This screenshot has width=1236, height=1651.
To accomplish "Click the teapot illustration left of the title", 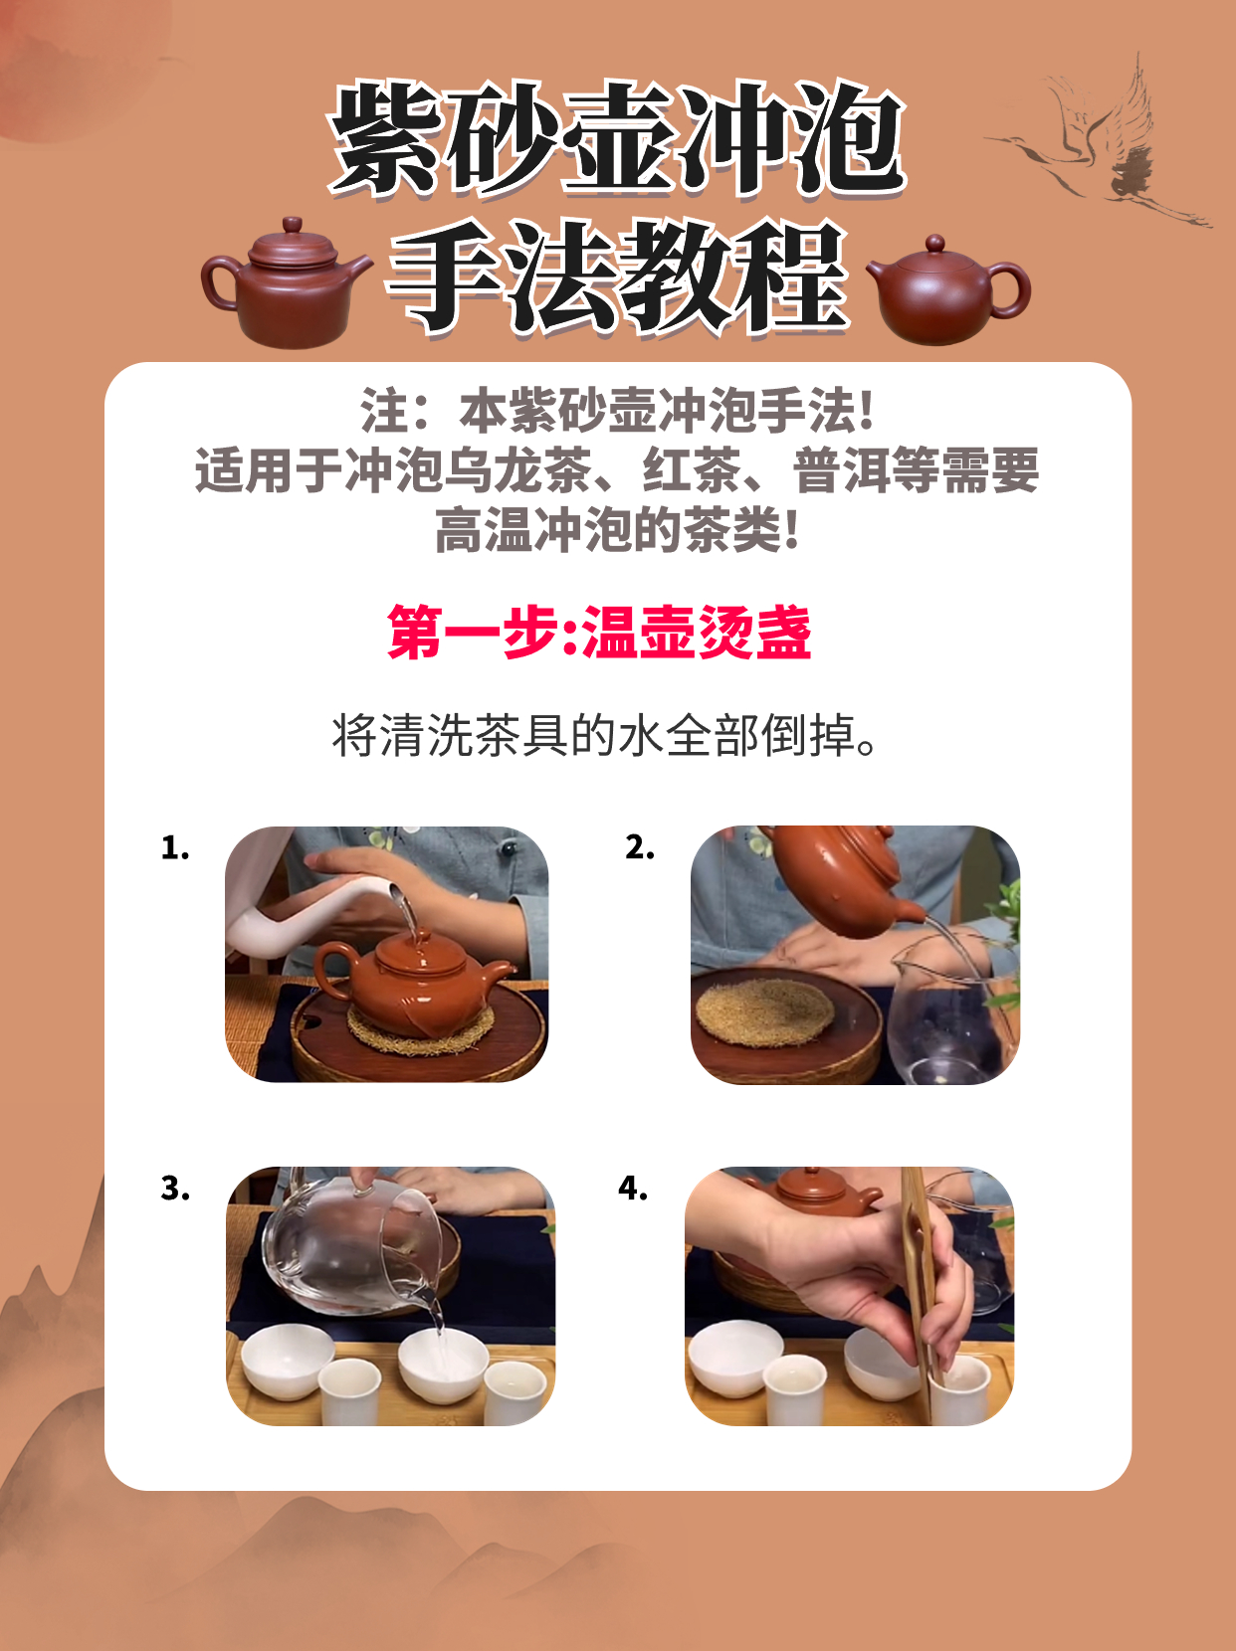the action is coord(286,284).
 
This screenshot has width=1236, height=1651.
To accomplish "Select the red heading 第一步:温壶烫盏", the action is coord(599,633).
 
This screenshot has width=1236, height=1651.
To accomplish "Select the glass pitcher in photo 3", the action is coord(354,1242).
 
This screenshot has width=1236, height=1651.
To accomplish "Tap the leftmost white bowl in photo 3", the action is coord(287,1363).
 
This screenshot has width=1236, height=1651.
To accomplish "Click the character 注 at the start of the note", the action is coord(385,411).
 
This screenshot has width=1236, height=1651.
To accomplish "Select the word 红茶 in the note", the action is coord(692,470).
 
